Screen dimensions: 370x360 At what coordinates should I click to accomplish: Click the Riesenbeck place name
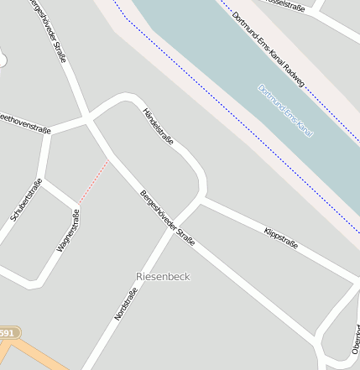(163, 276)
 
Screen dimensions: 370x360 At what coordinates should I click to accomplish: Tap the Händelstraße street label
(158, 126)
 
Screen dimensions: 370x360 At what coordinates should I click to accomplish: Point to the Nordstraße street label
(126, 304)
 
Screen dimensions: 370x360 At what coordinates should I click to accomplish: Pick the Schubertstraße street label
(26, 201)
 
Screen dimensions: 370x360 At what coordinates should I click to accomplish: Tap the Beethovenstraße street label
(23, 123)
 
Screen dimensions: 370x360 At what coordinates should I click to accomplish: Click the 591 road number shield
(6, 334)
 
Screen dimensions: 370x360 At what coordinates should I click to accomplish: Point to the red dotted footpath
(94, 180)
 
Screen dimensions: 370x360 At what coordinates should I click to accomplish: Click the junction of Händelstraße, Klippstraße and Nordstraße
(201, 199)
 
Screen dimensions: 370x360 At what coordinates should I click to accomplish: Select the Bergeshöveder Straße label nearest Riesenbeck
(168, 216)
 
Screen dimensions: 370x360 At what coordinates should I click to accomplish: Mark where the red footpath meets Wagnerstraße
(79, 204)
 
